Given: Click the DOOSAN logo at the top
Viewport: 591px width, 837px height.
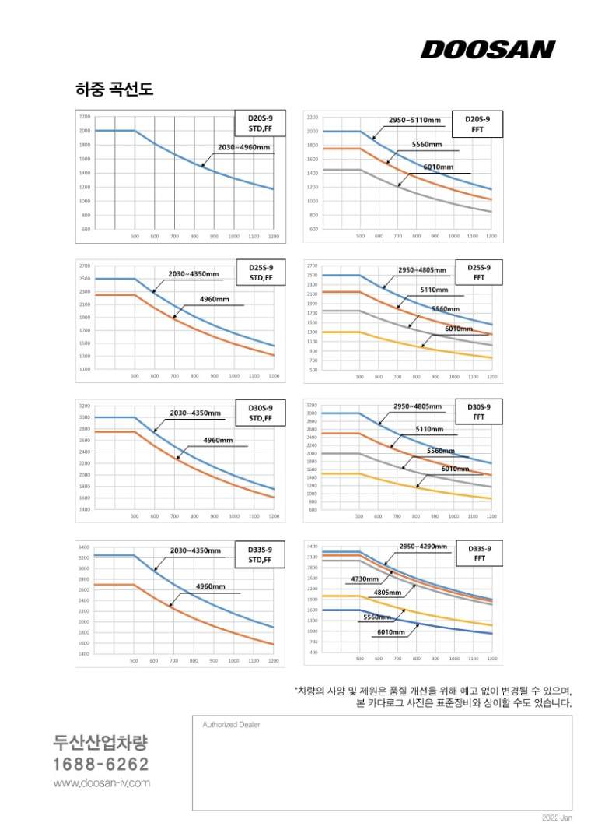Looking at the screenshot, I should (x=488, y=50).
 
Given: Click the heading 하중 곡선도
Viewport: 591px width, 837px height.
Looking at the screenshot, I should (x=114, y=90).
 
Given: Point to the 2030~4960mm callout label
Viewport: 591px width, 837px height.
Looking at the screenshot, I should (x=244, y=147).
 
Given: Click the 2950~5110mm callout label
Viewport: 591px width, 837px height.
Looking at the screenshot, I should (x=420, y=121).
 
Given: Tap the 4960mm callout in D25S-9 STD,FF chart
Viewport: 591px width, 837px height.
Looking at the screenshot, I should (x=215, y=299).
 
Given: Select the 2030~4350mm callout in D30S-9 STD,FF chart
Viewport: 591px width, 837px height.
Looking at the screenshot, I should (x=195, y=413).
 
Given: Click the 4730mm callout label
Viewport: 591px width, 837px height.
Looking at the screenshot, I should (x=365, y=579).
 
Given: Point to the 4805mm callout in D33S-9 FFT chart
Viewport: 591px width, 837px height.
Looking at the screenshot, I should (x=387, y=593).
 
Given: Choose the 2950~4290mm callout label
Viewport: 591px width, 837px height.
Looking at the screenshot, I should (x=423, y=547).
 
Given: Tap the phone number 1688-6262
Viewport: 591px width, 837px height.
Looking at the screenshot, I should (x=101, y=764).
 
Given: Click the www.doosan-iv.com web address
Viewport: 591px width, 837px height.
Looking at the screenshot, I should (x=101, y=782).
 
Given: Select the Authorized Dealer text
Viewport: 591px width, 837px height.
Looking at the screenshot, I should (x=231, y=724).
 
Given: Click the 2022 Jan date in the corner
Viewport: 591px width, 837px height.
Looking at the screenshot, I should (x=557, y=818).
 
